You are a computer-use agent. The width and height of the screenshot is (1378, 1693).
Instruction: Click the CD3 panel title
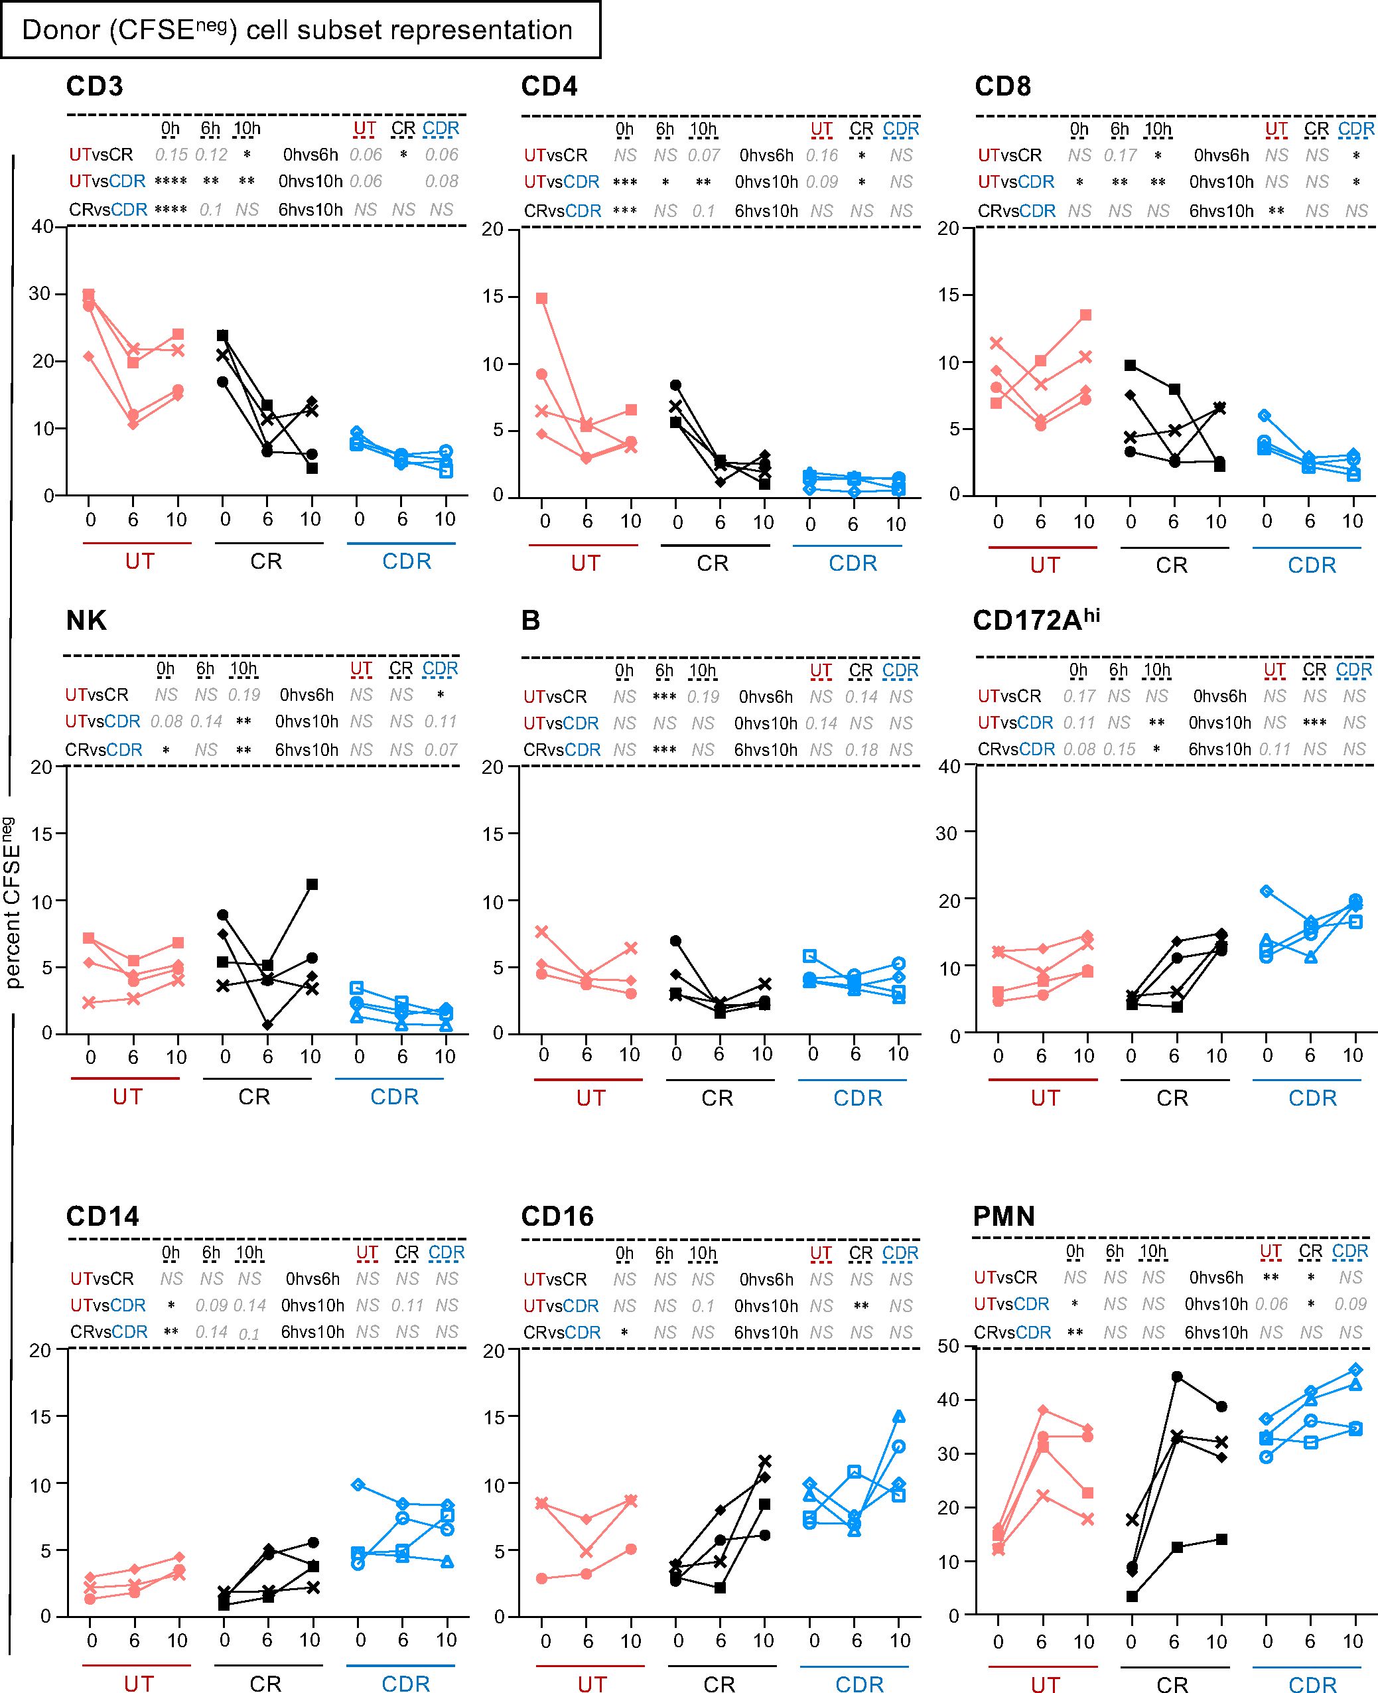tap(94, 86)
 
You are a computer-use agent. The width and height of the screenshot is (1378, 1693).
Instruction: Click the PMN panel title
tap(1003, 1216)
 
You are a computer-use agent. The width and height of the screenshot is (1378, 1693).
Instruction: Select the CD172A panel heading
tap(1036, 620)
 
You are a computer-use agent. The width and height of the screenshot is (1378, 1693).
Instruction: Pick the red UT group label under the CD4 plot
tap(585, 563)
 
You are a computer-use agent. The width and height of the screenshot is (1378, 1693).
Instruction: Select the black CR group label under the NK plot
tap(254, 1096)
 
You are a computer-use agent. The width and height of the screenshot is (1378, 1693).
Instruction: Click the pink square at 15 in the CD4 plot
tap(541, 299)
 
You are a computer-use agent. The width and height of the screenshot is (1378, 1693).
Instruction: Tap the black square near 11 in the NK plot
tap(312, 884)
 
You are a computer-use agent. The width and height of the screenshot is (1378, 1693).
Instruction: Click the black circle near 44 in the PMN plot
tap(1176, 1376)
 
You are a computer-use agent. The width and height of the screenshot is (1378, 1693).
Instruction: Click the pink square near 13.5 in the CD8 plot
tap(1085, 315)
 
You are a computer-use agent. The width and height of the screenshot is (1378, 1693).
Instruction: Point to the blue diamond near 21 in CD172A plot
tap(1267, 891)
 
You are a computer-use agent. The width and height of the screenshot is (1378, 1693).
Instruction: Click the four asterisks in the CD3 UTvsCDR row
tap(171, 181)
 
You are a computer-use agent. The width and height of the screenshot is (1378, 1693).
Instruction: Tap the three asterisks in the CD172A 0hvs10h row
tap(1314, 723)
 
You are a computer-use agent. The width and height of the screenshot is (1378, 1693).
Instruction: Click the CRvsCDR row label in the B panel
tap(562, 750)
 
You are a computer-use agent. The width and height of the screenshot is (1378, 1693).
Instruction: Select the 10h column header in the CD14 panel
tap(249, 1252)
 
